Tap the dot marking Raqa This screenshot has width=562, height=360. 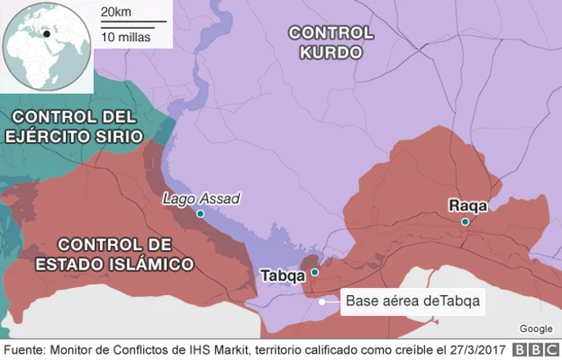[x=465, y=222]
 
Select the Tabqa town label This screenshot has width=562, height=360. [x=284, y=276]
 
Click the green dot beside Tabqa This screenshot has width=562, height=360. [x=314, y=273]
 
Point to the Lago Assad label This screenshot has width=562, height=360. [x=201, y=198]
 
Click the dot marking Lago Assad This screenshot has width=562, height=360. [x=200, y=213]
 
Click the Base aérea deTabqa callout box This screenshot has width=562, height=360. [x=413, y=301]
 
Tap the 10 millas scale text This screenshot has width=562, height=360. [x=125, y=37]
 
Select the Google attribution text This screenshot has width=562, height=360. [x=535, y=328]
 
